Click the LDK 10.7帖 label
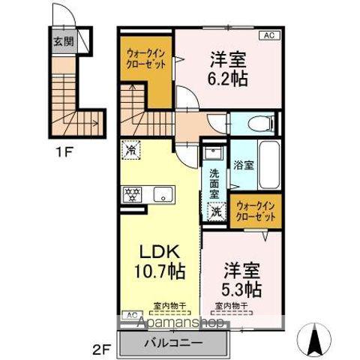point(159,259)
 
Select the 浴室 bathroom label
point(243,164)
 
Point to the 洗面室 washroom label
point(214,181)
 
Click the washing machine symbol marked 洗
point(217,212)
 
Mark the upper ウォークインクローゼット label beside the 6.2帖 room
point(146,58)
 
